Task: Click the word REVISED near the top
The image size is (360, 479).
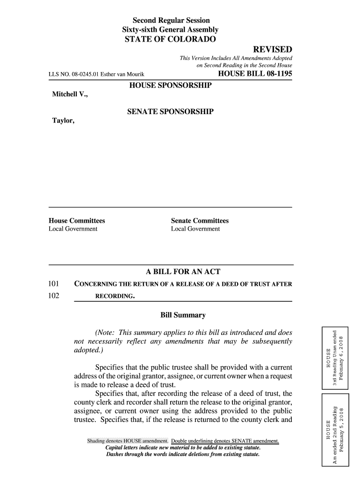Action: [x=273, y=50]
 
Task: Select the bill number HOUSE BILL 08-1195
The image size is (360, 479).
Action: [x=255, y=74]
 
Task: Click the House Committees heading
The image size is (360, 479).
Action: [x=77, y=221]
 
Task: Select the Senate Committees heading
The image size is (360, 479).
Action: [x=200, y=221]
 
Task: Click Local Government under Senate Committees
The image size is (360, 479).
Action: [x=195, y=229]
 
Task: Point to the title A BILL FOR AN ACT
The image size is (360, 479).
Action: [x=183, y=272]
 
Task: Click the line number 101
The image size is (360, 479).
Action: [x=54, y=283]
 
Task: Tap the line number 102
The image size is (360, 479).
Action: [x=54, y=296]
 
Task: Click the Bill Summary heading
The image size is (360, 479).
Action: [x=183, y=315]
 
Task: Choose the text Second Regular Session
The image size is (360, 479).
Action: [x=171, y=21]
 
